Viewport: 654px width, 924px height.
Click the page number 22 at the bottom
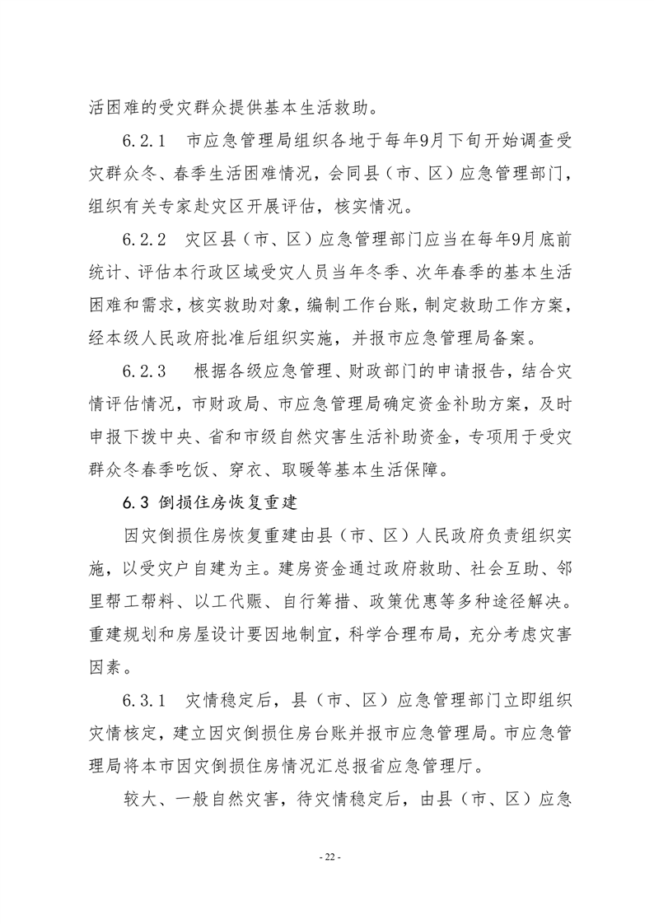[x=327, y=857]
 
